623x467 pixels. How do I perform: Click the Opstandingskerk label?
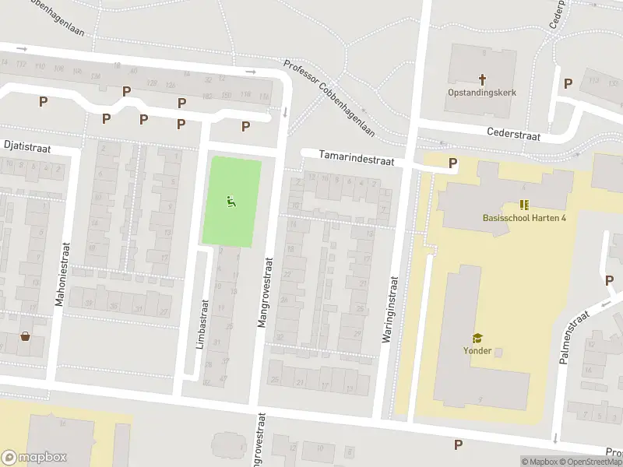[x=481, y=92]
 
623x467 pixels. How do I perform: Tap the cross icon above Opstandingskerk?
[x=482, y=79]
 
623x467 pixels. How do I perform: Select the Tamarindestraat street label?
[x=357, y=158]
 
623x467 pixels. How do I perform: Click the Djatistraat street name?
[x=27, y=144]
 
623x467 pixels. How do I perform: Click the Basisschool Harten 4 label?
[x=523, y=217]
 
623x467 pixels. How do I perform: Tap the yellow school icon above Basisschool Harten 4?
[x=524, y=205]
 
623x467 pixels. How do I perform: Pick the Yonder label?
[x=477, y=350]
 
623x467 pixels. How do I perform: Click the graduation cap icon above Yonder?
[x=477, y=338]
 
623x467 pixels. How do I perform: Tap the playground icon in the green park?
[x=231, y=202]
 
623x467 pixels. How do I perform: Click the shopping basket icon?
[x=26, y=336]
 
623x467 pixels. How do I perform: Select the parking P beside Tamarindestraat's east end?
[x=453, y=163]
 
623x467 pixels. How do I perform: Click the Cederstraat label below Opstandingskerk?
[x=513, y=134]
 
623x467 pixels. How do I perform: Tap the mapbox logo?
[x=34, y=458]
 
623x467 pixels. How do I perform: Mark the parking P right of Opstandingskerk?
[x=568, y=83]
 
